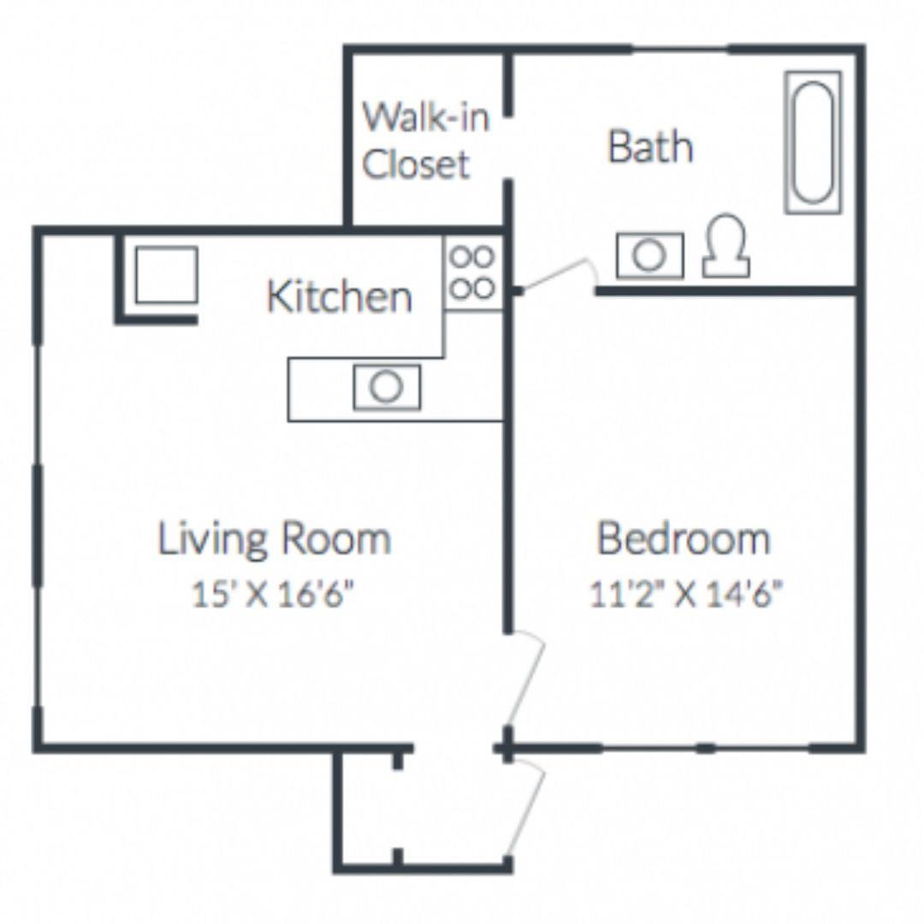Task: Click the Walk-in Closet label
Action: pyautogui.click(x=425, y=140)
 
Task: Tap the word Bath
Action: pyautogui.click(x=650, y=146)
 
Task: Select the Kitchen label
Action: pyautogui.click(x=340, y=296)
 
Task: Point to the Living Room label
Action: pyautogui.click(x=274, y=538)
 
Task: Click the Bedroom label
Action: pyautogui.click(x=684, y=538)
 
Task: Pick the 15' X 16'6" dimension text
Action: pyautogui.click(x=274, y=594)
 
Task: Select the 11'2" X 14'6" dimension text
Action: pyautogui.click(x=686, y=594)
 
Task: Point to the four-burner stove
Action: pyautogui.click(x=472, y=272)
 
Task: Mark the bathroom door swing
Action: pyautogui.click(x=560, y=273)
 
